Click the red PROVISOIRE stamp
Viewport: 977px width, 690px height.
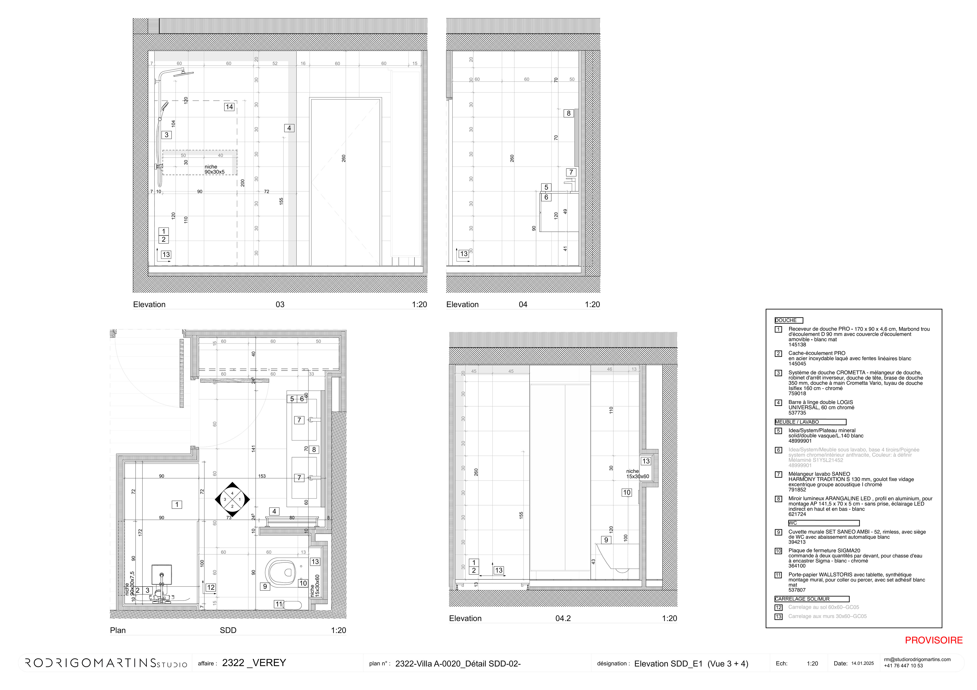pyautogui.click(x=933, y=640)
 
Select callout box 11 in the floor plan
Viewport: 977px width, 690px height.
pyautogui.click(x=278, y=604)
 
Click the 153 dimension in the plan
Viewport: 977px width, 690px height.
pyautogui.click(x=262, y=476)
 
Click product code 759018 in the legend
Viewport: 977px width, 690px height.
pyautogui.click(x=797, y=394)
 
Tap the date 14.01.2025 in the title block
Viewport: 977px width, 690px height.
pyautogui.click(x=863, y=664)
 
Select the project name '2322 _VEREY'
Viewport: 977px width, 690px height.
pyautogui.click(x=254, y=663)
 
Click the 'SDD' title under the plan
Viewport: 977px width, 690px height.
pyautogui.click(x=228, y=630)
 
